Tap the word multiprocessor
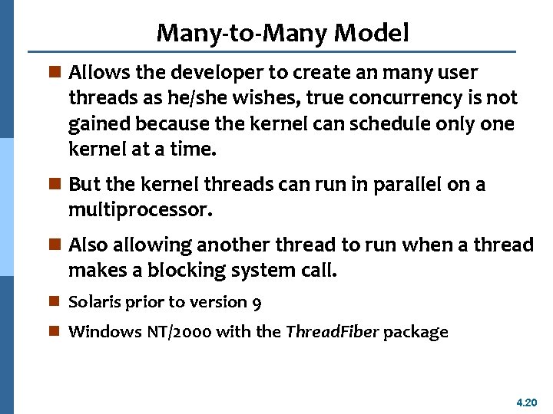[x=139, y=210]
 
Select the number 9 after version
[x=257, y=303]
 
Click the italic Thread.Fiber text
[x=332, y=332]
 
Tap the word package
[x=416, y=333]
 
